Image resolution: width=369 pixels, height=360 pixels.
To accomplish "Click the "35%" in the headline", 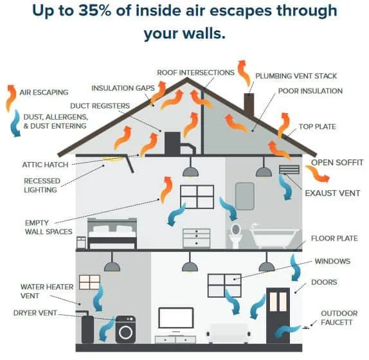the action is (x=94, y=10).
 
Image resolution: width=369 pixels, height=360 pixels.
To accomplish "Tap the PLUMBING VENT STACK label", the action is (x=296, y=76).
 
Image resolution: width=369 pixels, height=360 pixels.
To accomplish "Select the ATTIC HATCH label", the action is (x=45, y=165).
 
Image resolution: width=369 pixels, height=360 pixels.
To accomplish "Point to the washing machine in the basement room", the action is (x=125, y=329).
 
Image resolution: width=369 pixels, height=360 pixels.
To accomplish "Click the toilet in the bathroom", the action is (x=235, y=235).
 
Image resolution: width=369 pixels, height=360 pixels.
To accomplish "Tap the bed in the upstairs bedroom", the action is (x=112, y=233).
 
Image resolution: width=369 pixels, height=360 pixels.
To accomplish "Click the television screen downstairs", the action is (x=176, y=318).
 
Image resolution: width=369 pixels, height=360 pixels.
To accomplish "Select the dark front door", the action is (x=278, y=316).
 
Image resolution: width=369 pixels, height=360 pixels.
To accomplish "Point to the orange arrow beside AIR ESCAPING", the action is (x=10, y=98).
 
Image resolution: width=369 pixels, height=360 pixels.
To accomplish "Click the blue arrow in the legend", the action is (x=15, y=123).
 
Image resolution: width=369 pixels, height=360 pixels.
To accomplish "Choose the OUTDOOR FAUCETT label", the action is (x=339, y=318).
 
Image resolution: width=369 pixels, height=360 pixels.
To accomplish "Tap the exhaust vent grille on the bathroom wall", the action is (x=289, y=170).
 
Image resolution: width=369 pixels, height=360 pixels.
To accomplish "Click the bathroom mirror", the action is (x=245, y=196).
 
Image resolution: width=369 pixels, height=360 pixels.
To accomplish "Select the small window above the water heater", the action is (x=89, y=282).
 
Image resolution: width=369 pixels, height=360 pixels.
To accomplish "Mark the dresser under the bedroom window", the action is (x=197, y=238).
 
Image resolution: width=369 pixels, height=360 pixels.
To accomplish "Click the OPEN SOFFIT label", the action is (x=337, y=163).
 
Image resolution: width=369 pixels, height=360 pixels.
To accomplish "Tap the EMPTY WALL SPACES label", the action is (x=48, y=228).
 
